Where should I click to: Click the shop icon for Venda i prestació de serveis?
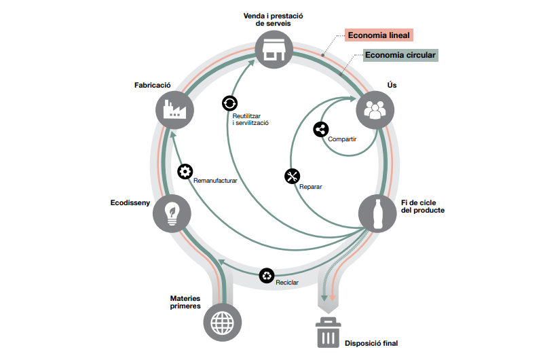[274, 50]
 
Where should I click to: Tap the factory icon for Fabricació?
[174, 109]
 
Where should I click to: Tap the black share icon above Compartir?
[321, 130]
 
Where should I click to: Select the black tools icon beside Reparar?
[293, 177]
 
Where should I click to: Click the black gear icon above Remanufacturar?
[185, 171]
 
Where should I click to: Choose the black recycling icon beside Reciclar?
[267, 275]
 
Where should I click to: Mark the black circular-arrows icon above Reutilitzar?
[230, 103]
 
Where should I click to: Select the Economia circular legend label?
[400, 55]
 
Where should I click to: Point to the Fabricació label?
[153, 85]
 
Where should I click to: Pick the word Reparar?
[310, 186]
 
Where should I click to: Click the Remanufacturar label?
[215, 181]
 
